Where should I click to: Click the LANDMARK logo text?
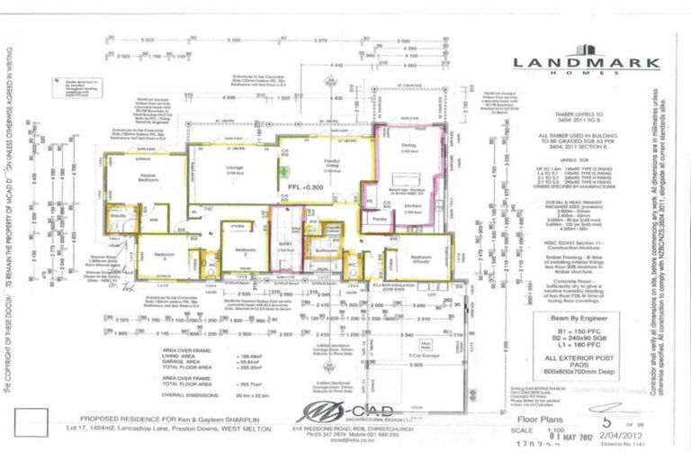pos(586,62)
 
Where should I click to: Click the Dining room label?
pos(408,145)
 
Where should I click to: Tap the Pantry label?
pos(378,219)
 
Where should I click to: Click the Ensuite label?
pos(118,216)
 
